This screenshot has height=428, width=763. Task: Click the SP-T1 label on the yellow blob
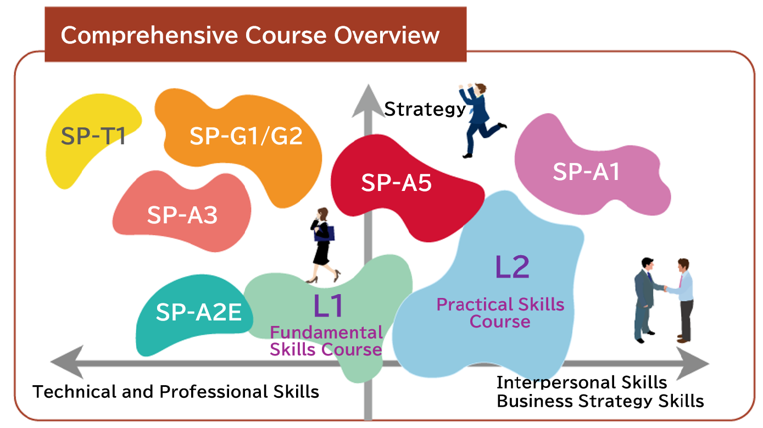pyautogui.click(x=93, y=136)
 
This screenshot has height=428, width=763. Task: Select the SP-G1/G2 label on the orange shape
pyautogui.click(x=246, y=136)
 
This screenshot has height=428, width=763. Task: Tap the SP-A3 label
pyautogui.click(x=182, y=215)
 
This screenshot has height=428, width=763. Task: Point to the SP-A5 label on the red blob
pyautogui.click(x=397, y=183)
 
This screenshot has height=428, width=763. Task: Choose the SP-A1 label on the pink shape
pyautogui.click(x=586, y=171)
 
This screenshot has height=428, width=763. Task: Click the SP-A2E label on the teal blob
pyautogui.click(x=199, y=312)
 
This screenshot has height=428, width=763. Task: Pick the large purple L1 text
pyautogui.click(x=328, y=306)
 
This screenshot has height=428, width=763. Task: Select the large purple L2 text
pyautogui.click(x=513, y=267)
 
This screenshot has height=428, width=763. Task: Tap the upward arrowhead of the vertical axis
pyautogui.click(x=368, y=101)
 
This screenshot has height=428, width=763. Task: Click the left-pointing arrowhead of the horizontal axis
pyautogui.click(x=67, y=362)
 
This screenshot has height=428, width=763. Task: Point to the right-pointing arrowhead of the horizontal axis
pyautogui.click(x=693, y=363)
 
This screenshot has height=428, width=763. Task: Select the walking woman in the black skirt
pyautogui.click(x=322, y=245)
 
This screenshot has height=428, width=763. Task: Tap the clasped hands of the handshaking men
pyautogui.click(x=665, y=289)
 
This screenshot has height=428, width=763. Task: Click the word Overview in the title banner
pyautogui.click(x=387, y=35)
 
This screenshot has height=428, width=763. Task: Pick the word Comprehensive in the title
pyautogui.click(x=149, y=35)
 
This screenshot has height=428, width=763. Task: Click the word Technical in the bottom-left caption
pyautogui.click(x=75, y=392)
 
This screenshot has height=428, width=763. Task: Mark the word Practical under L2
pyautogui.click(x=472, y=305)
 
